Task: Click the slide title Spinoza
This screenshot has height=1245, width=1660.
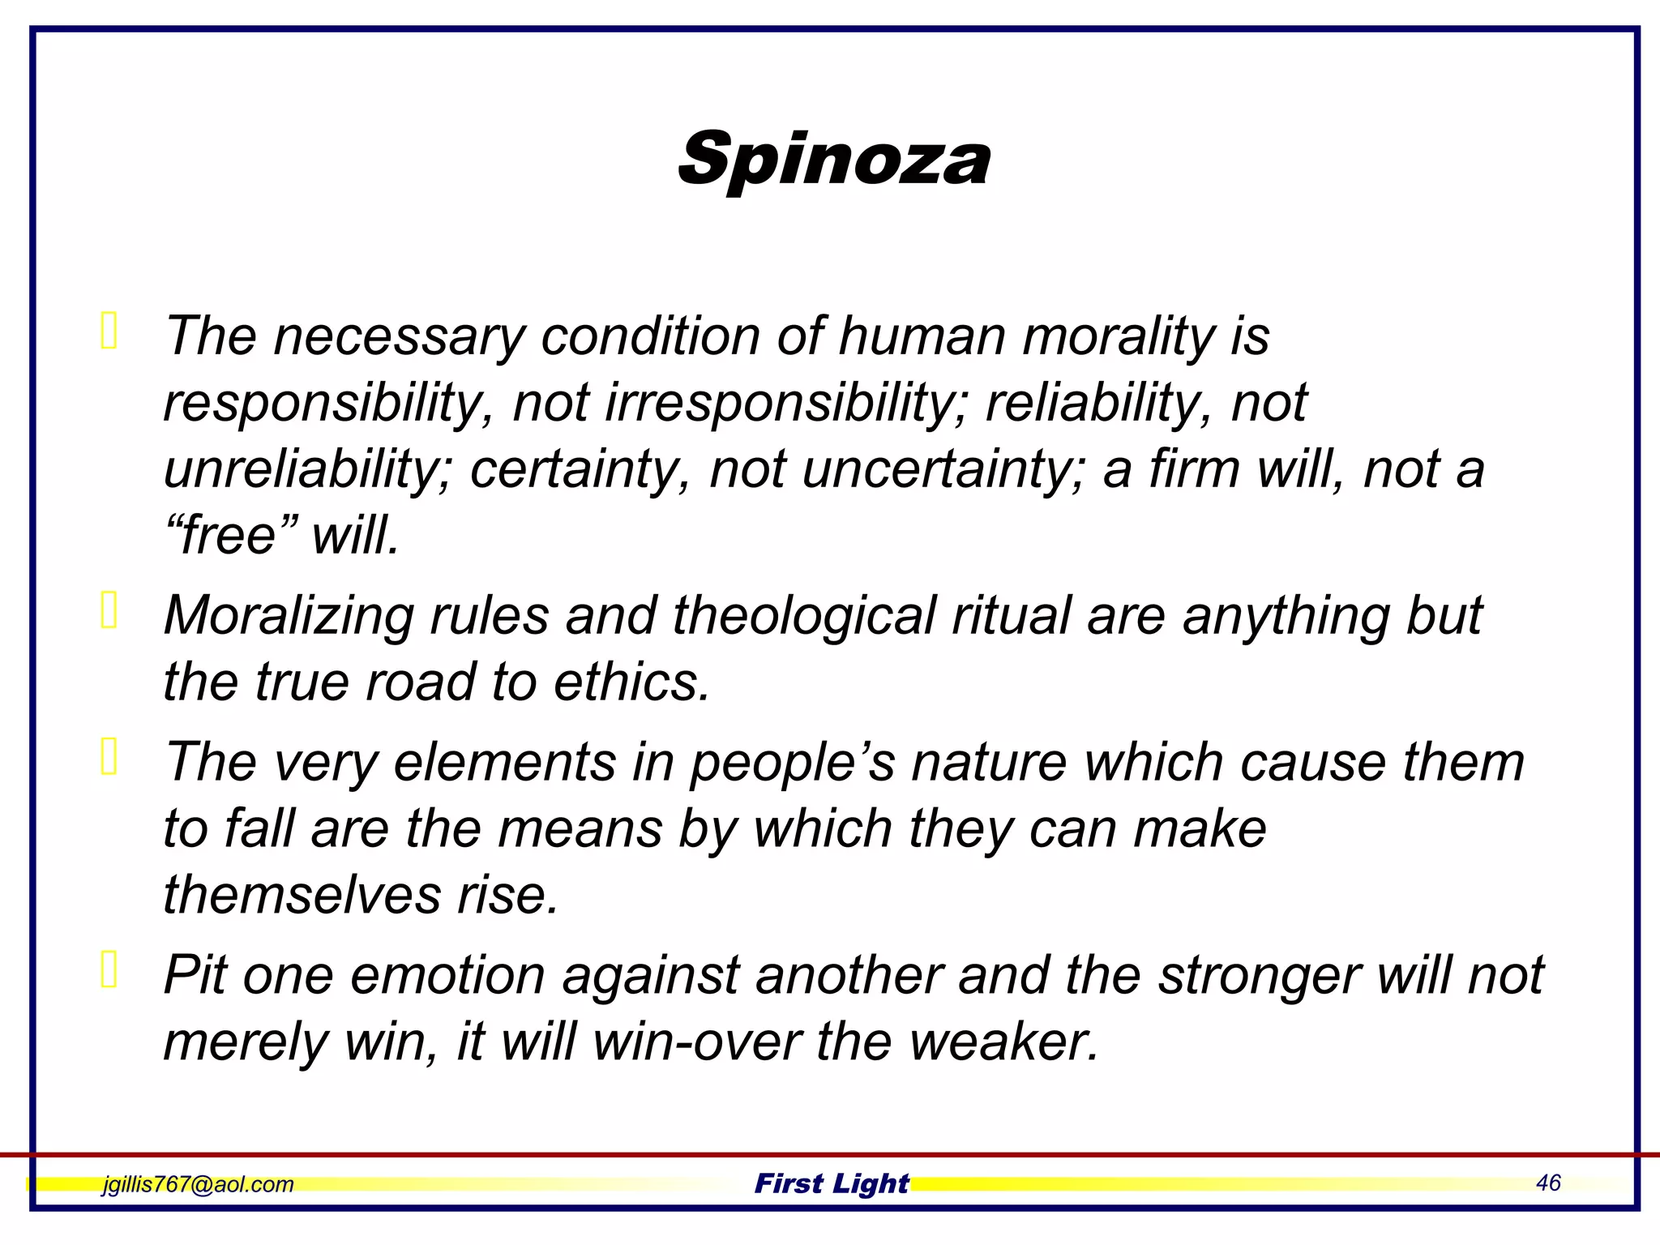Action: pos(834,159)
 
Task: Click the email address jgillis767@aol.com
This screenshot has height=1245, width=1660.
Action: pos(198,1184)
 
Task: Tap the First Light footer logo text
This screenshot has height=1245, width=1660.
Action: pos(832,1183)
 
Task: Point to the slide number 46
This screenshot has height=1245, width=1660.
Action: pos(1547,1183)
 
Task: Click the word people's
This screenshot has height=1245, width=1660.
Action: pos(792,764)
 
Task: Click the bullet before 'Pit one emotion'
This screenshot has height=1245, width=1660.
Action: pos(109,969)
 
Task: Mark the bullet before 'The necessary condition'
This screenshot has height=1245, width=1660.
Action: pos(109,331)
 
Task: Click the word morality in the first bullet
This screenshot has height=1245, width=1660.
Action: pos(1118,336)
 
